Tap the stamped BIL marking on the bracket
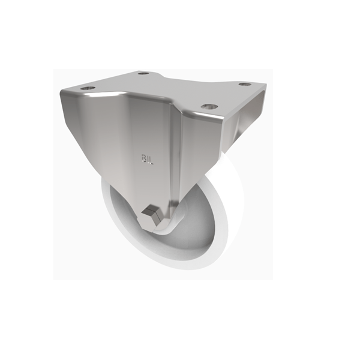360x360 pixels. [x=147, y=159]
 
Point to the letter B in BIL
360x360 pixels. [x=143, y=159]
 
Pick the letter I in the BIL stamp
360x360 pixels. [x=148, y=159]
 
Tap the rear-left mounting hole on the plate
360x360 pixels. [x=143, y=74]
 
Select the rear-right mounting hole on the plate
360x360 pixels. [x=244, y=84]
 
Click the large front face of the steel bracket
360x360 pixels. [x=132, y=138]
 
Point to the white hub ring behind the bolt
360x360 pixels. [x=171, y=225]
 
